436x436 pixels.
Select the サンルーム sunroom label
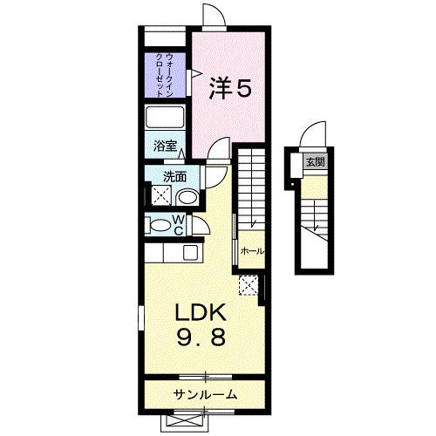click(206, 395)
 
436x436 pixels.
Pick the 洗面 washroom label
click(174, 175)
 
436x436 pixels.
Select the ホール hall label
click(252, 251)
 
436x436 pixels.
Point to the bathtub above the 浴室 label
click(164, 119)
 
